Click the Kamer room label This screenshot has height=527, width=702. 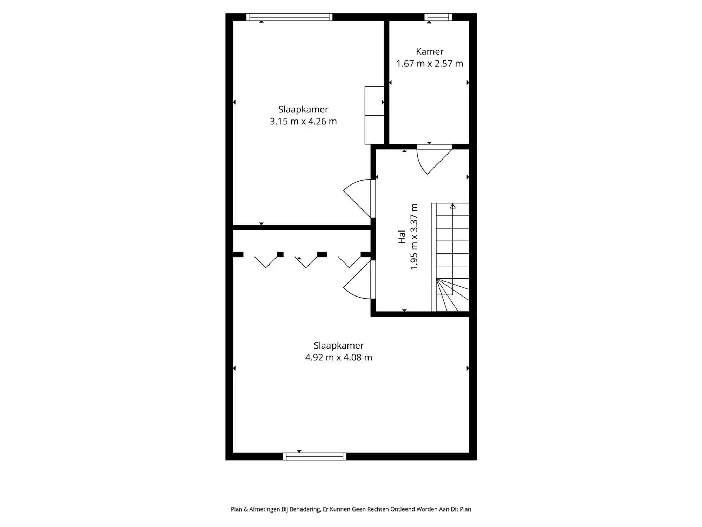(x=430, y=52)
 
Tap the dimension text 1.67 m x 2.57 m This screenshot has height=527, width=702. (x=430, y=64)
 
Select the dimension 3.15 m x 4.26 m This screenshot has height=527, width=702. (x=303, y=121)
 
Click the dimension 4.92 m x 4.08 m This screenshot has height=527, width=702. (x=339, y=357)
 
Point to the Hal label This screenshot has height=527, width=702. (x=402, y=237)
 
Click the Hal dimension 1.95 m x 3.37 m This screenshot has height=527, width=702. (x=414, y=237)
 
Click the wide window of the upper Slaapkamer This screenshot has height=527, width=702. (x=289, y=17)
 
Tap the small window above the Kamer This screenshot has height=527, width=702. (x=438, y=17)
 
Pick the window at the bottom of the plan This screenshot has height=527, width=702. (x=314, y=456)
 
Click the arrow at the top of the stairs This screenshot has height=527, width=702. (x=453, y=206)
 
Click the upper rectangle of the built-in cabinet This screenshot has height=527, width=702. (x=374, y=101)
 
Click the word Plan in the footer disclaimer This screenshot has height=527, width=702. (x=236, y=509)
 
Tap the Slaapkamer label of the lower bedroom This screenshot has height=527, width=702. (x=339, y=345)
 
